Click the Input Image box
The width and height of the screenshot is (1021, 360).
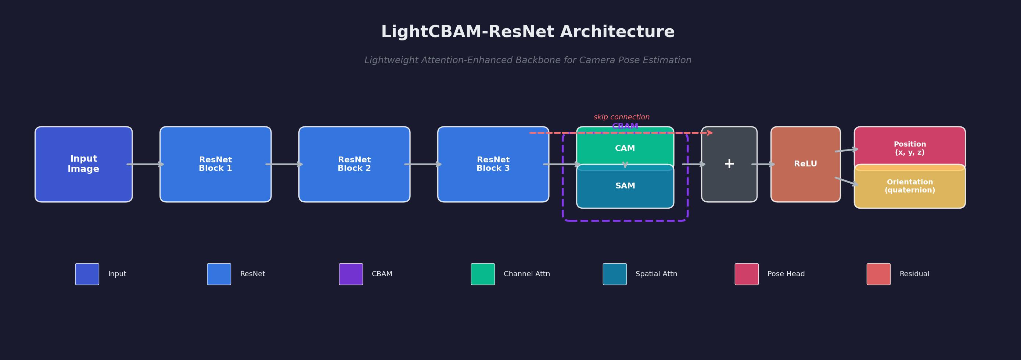(x=84, y=164)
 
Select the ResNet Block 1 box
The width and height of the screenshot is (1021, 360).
(x=215, y=164)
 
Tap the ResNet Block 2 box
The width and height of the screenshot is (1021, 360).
(x=354, y=164)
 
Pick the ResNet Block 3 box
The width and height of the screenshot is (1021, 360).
(x=493, y=164)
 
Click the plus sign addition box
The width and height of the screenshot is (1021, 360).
(x=729, y=164)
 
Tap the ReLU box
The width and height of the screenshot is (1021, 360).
(x=805, y=164)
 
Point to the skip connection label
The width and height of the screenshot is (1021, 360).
(x=622, y=117)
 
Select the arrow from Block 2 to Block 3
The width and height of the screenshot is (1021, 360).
(x=423, y=164)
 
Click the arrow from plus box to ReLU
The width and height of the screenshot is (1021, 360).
(x=763, y=164)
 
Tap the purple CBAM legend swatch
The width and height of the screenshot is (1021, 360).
(x=351, y=274)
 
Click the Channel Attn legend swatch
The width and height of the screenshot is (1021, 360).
(x=483, y=274)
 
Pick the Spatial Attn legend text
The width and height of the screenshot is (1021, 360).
(x=656, y=274)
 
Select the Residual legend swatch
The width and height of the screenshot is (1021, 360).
(x=878, y=274)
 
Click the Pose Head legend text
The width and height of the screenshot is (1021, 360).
(x=786, y=274)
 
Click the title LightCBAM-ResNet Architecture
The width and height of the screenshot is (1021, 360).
(x=528, y=32)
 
